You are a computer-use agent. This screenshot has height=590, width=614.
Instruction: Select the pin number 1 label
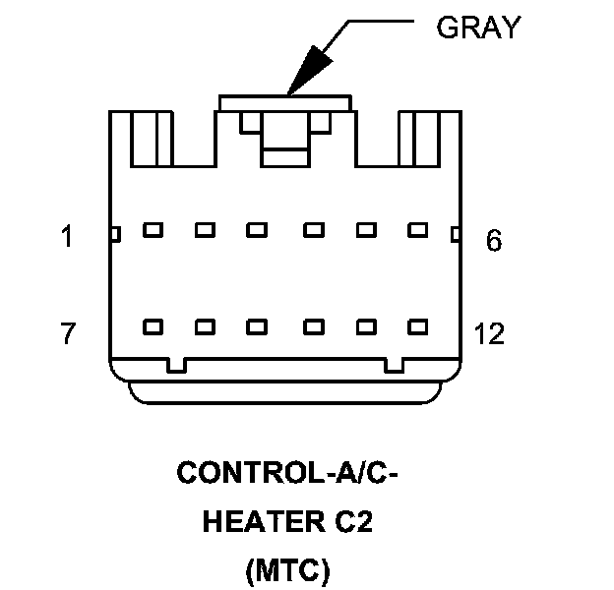67,237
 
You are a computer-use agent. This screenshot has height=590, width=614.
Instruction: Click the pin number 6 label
494,240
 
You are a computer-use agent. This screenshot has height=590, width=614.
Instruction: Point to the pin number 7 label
67,334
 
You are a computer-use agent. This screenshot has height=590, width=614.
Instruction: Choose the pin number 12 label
489,334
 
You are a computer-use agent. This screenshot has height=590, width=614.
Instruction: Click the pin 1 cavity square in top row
153,231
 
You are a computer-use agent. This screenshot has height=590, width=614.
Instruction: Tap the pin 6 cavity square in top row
418,231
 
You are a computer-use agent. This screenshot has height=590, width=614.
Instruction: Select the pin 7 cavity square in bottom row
153,326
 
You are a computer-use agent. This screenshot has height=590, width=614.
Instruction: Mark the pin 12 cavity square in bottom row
418,326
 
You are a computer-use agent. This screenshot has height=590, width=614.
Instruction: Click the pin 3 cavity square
258,231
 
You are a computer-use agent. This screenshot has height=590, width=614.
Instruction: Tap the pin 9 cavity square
258,326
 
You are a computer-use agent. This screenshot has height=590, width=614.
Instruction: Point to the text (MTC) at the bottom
286,567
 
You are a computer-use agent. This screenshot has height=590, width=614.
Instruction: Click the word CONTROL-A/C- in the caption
286,474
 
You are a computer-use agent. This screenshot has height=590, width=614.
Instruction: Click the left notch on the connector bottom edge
176,366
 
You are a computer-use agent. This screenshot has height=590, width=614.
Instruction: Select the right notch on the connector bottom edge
394,366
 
